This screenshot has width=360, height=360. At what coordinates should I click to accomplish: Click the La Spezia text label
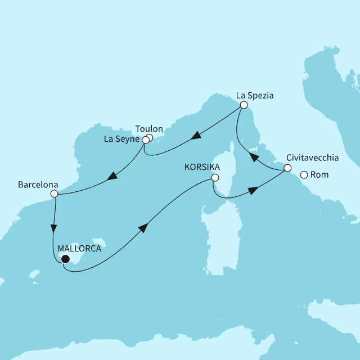click(x=254, y=96)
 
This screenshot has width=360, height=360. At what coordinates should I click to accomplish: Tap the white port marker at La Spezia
click(x=244, y=105)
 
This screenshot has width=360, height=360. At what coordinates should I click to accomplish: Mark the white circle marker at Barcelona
click(x=54, y=193)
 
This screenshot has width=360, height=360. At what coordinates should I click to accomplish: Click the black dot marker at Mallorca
click(x=65, y=259)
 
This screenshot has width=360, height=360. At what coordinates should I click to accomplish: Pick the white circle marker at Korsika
click(x=214, y=178)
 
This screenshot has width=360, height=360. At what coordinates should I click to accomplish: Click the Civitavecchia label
click(x=312, y=159)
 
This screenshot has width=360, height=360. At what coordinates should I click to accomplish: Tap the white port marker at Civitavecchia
click(x=287, y=168)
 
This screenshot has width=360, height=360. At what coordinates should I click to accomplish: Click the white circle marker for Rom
click(x=304, y=175)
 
